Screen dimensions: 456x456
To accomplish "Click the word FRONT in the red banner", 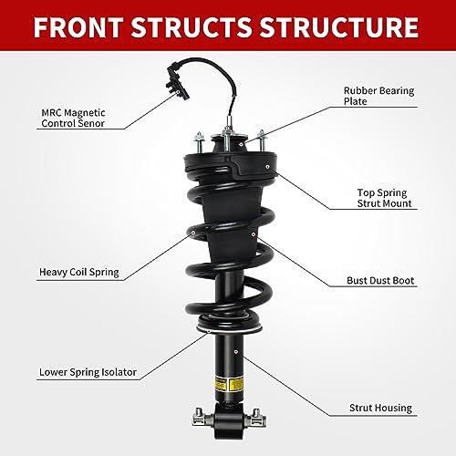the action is tap(78, 26).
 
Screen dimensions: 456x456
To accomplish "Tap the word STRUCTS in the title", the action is tap(192, 26).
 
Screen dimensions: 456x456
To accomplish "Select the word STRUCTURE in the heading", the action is tap(339, 26).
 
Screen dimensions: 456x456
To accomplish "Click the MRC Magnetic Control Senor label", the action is tap(73, 118).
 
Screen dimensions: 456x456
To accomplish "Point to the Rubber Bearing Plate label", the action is tap(378, 96).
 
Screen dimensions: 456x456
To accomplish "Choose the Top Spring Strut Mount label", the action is tap(384, 198).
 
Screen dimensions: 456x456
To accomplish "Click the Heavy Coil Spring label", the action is tap(79, 272).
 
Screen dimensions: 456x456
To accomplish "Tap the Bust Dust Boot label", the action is tap(380, 280).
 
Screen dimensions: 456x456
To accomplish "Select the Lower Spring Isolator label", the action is tap(88, 372).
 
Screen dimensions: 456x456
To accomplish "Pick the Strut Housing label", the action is tap(380, 408).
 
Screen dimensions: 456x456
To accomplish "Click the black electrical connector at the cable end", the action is tap(177, 81).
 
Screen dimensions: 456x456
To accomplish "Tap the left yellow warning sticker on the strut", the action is tap(221, 384).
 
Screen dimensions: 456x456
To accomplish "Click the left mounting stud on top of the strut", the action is tap(199, 142).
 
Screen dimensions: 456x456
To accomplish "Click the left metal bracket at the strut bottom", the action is tap(202, 417).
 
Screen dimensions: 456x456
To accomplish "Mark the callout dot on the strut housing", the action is tap(236, 352).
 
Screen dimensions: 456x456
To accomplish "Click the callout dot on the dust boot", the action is tap(254, 234).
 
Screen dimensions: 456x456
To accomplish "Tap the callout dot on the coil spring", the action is tap(193, 233).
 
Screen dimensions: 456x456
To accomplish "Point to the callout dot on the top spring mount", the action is tap(267, 167).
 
